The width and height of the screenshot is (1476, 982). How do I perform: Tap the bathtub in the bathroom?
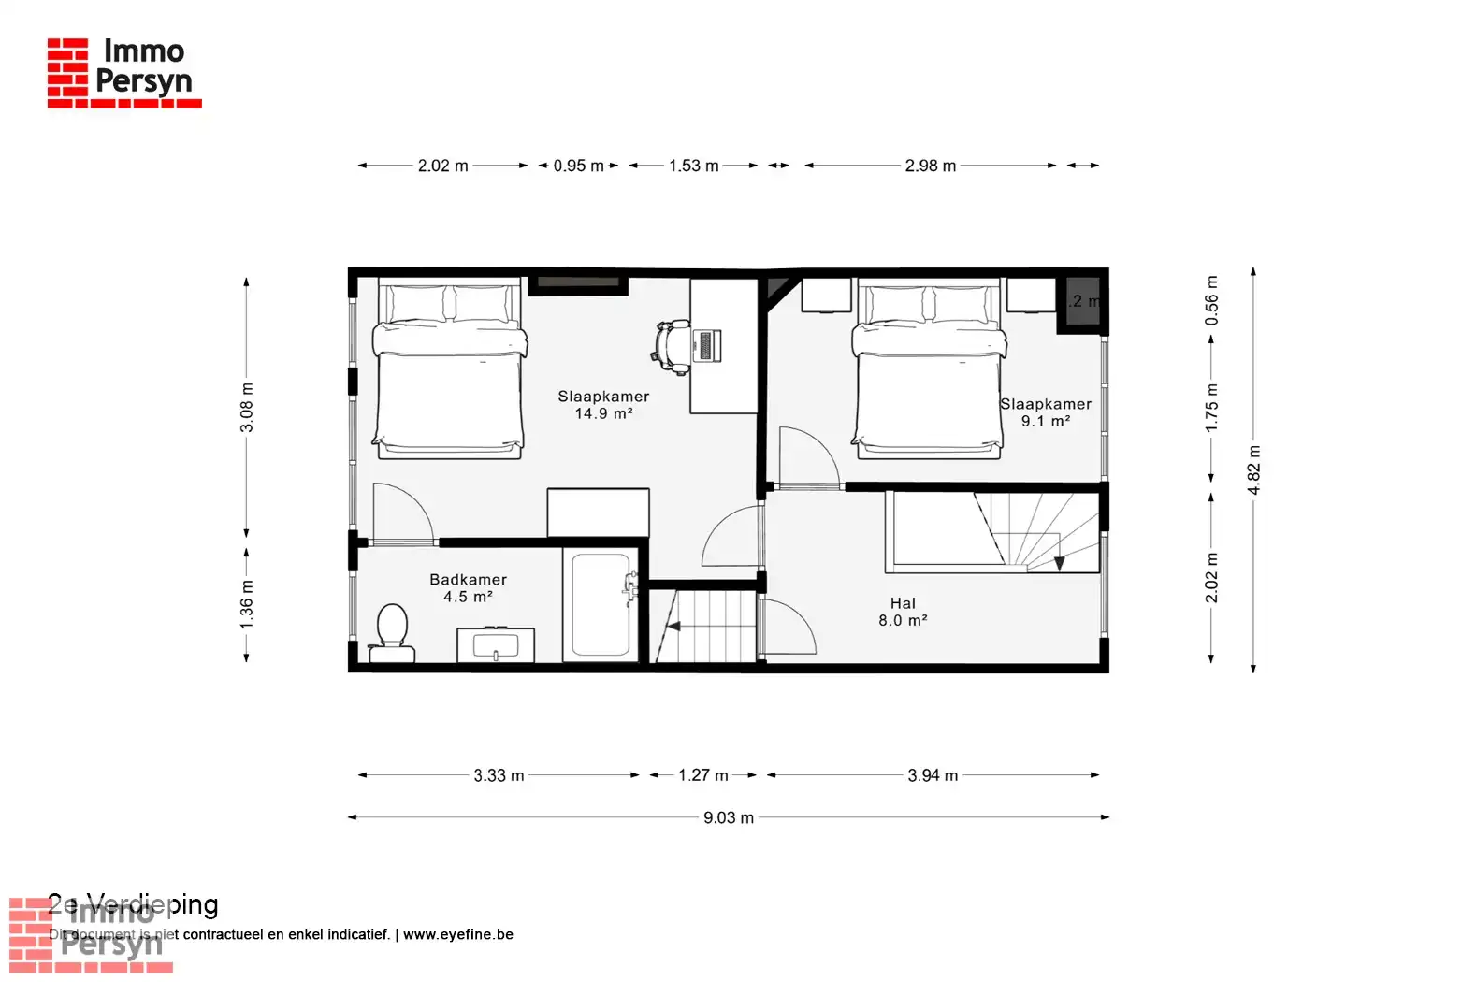(601, 605)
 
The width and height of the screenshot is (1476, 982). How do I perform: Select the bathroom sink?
(496, 645)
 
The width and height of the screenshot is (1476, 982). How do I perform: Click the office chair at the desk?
(672, 345)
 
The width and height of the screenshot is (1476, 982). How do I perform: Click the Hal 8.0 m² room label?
(903, 612)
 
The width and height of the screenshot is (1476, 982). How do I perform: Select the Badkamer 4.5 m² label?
(468, 588)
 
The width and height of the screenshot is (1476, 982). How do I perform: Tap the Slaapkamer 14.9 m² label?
(603, 405)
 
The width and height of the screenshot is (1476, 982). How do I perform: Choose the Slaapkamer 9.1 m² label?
(1045, 412)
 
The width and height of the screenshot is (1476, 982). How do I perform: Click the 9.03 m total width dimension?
(728, 817)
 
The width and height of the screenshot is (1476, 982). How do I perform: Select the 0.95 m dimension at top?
(578, 166)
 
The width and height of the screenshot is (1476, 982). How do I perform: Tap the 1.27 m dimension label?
(702, 775)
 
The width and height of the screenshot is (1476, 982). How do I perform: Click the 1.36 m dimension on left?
(246, 604)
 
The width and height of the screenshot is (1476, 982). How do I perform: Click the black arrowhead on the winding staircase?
(1059, 563)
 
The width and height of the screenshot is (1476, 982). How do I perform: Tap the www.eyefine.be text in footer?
(457, 934)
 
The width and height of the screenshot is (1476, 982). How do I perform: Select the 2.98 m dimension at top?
(930, 166)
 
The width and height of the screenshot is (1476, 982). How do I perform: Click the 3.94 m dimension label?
(932, 775)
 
